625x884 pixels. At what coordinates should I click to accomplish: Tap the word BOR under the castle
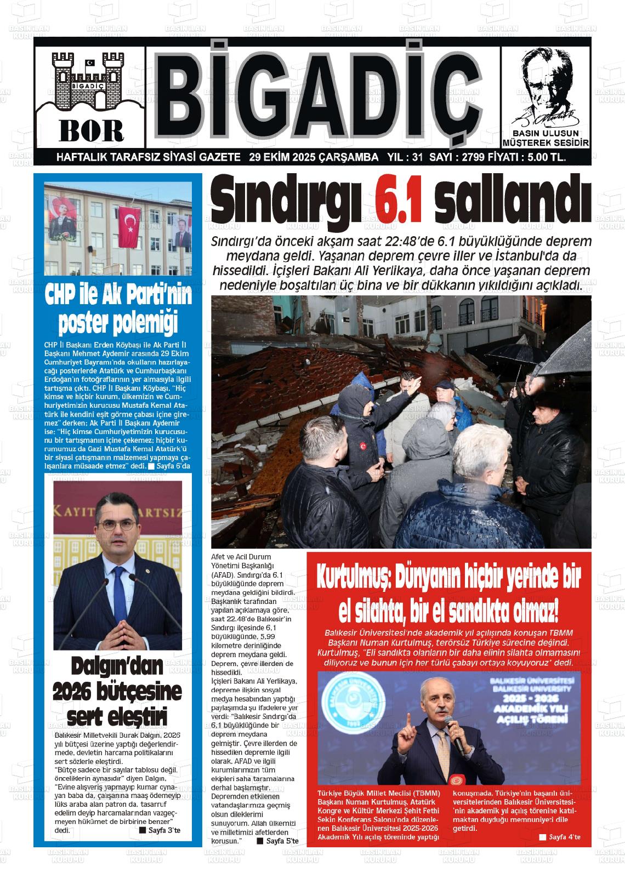click(92, 130)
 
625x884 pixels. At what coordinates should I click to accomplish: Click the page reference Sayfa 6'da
click(173, 466)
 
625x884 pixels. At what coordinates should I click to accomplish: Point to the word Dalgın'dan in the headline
click(117, 666)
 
